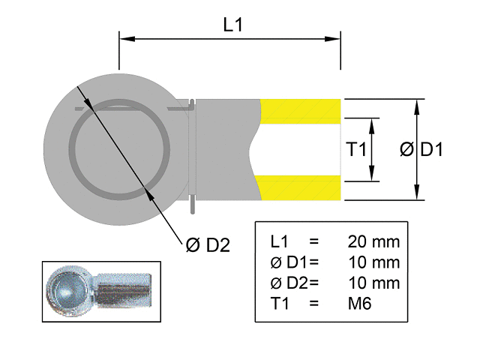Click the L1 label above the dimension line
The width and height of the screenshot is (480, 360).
234,24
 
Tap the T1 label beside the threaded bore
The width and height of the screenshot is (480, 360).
356,149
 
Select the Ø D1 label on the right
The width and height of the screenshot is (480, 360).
422,149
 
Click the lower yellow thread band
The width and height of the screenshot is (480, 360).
301,188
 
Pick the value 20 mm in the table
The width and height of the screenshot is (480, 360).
373,242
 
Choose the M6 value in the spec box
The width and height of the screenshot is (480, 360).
360,303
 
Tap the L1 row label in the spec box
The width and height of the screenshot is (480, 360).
279,242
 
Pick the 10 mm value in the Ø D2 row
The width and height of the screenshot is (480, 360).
373,283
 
